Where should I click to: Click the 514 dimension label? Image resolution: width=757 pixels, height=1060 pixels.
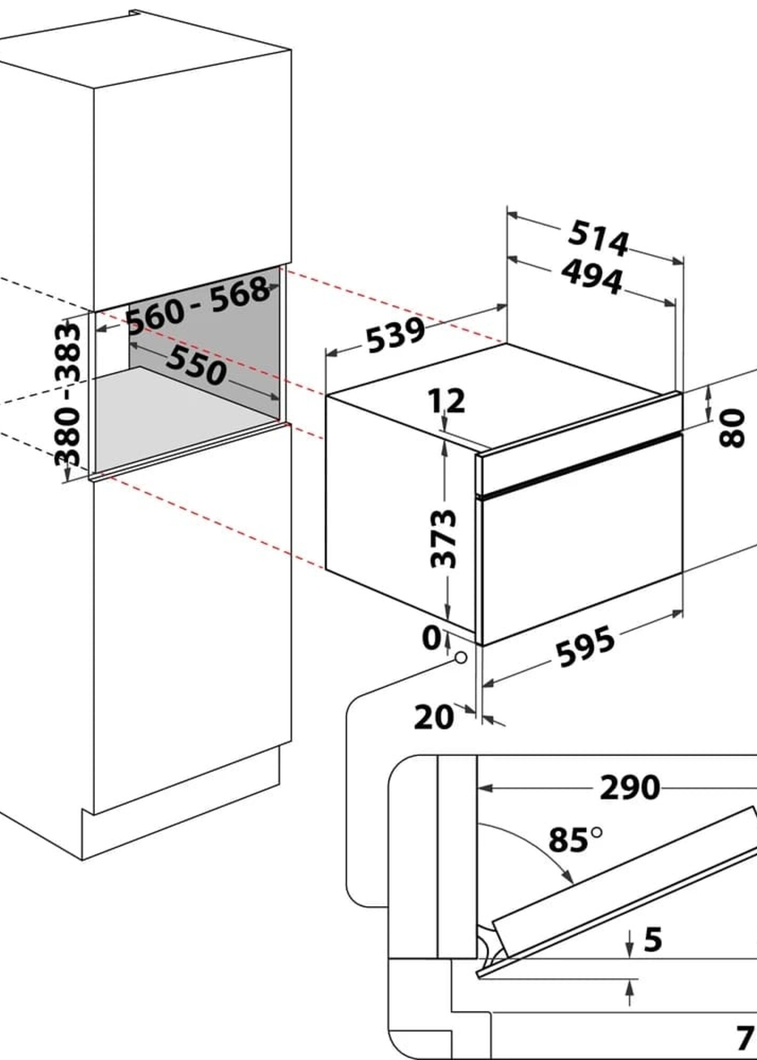(x=598, y=239)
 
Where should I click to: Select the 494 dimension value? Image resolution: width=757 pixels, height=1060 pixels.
(x=592, y=278)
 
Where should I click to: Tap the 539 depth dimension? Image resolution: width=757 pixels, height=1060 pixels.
(x=395, y=335)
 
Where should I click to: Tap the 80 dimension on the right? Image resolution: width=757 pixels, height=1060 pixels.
(x=732, y=428)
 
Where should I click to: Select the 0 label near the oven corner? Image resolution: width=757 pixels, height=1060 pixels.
(x=431, y=637)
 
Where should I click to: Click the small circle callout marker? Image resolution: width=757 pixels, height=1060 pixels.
(x=461, y=658)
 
